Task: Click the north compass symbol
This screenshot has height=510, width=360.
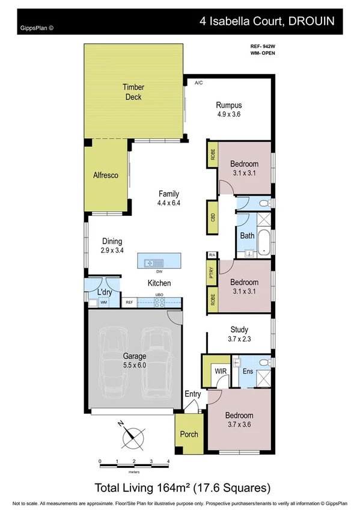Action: coord(133,435)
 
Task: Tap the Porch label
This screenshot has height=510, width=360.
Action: coord(189,434)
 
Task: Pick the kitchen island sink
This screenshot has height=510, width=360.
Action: coord(151,262)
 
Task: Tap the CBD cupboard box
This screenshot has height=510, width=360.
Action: coord(213,218)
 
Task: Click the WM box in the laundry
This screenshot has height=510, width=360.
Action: coord(104,303)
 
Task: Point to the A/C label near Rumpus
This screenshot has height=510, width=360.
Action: coord(198,83)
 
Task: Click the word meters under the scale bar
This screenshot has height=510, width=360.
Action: coord(134,472)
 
